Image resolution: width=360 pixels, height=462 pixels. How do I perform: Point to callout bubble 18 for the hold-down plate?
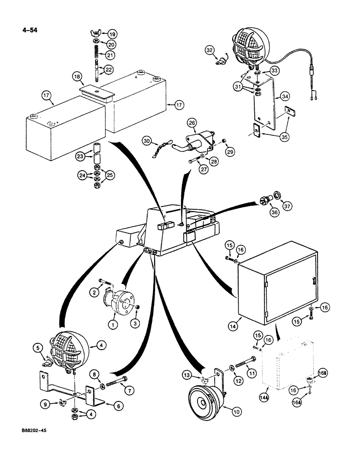tap(77, 76)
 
